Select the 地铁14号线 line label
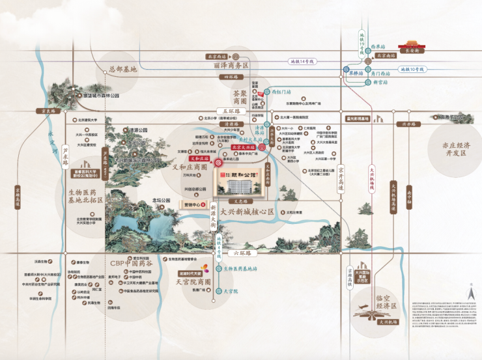[x=302, y=61]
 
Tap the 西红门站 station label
[x=280, y=92]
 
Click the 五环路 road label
[x=229, y=111]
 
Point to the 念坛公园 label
[x=161, y=201]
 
